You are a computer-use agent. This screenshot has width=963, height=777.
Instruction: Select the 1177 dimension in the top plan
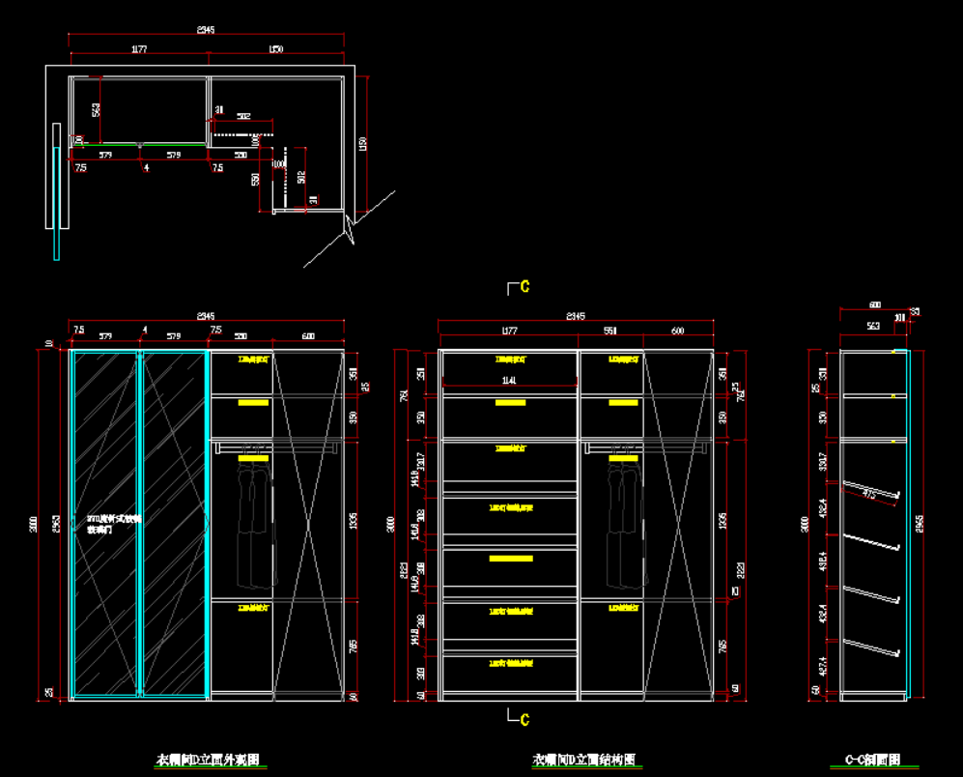click(x=139, y=48)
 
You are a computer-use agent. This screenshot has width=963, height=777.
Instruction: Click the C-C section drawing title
click(x=872, y=760)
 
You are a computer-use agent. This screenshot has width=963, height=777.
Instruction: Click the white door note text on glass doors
click(x=114, y=524)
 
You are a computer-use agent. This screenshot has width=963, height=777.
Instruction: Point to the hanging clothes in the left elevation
click(x=253, y=517)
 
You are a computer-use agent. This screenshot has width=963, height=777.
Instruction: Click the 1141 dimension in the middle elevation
click(x=509, y=381)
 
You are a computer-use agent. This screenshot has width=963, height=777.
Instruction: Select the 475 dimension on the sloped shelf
click(x=869, y=495)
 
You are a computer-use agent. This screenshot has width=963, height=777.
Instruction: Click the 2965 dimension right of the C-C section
click(x=920, y=523)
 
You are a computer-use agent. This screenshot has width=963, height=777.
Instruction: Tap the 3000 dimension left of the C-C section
click(x=805, y=523)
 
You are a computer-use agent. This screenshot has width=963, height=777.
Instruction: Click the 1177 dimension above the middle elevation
click(x=509, y=331)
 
